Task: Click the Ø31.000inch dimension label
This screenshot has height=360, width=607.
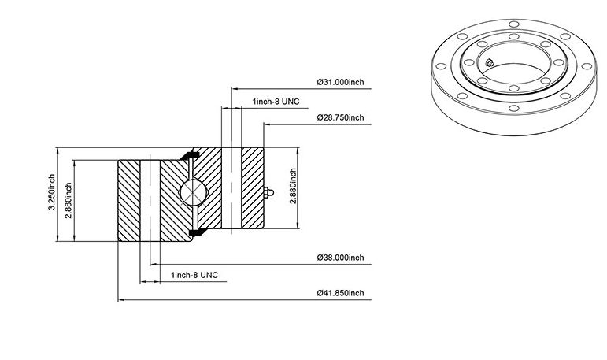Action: (341, 82)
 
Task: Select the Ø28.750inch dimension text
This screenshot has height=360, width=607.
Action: (341, 117)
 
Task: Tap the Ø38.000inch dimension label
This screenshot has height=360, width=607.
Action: (341, 258)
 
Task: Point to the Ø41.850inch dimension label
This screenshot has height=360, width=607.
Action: (341, 293)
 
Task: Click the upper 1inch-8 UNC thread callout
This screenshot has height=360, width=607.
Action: (276, 102)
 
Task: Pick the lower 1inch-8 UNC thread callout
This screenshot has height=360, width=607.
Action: (194, 275)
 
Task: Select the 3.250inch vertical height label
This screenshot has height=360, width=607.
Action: (51, 192)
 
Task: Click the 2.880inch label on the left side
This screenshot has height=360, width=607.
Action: (68, 200)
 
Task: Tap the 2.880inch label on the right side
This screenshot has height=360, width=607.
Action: (293, 186)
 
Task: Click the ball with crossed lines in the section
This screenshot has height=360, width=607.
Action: (193, 192)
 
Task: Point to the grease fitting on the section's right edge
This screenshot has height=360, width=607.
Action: (268, 192)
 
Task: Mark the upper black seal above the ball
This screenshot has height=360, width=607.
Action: (190, 155)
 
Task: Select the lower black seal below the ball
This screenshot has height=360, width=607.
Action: (198, 232)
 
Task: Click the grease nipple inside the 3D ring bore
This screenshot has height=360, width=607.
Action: (490, 62)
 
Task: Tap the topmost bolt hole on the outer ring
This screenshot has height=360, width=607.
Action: (514, 24)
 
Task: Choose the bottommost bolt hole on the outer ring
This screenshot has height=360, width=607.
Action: (513, 108)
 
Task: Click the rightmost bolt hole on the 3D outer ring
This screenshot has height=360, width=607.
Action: (587, 66)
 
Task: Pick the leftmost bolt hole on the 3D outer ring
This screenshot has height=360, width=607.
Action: (441, 66)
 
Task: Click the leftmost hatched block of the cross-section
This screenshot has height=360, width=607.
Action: (129, 201)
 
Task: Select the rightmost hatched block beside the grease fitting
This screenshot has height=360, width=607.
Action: (253, 188)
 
